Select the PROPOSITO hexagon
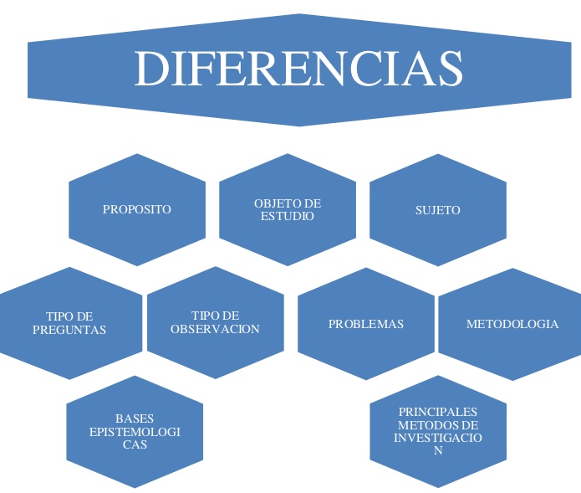[136, 209]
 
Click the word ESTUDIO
[287, 216]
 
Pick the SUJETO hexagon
[437, 210]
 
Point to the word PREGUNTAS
[69, 330]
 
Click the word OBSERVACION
[215, 329]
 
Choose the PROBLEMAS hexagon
[365, 324]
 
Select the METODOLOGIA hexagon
[512, 324]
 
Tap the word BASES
[135, 419]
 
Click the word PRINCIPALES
[438, 412]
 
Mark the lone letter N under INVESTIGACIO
[437, 450]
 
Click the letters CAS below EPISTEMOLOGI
[135, 444]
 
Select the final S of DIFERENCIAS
[450, 69]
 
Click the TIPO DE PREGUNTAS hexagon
[69, 323]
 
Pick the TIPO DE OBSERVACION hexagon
[215, 322]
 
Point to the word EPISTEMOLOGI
[135, 432]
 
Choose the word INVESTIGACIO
[438, 437]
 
